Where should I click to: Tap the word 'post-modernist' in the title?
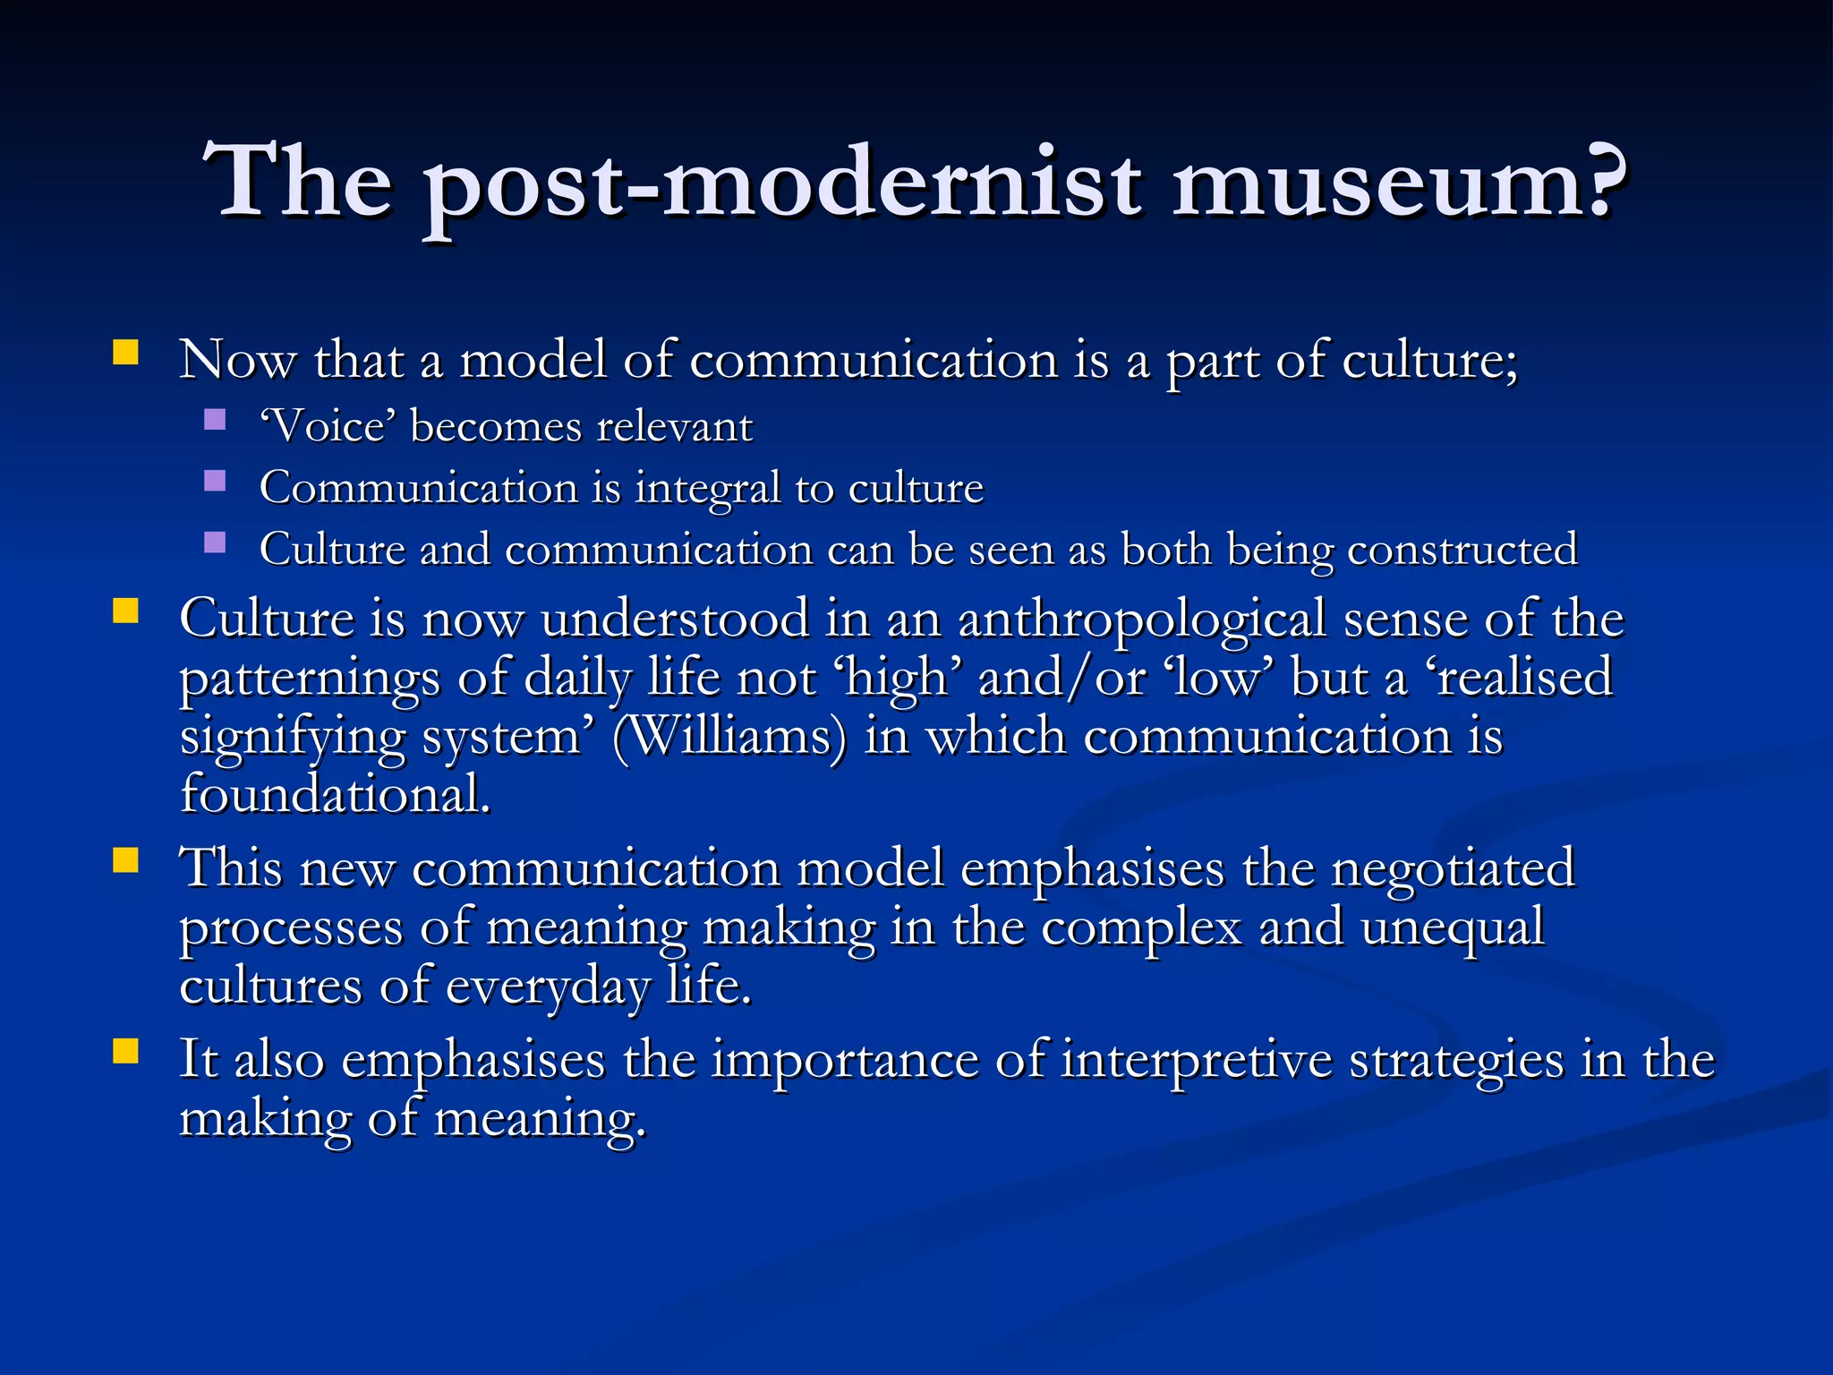click(x=782, y=185)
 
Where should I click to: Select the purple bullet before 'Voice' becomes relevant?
click(x=215, y=420)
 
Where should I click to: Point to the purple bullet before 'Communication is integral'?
click(x=215, y=482)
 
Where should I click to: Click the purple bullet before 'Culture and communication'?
click(x=215, y=542)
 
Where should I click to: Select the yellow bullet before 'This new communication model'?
click(x=126, y=860)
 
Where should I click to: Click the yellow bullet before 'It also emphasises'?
click(x=126, y=1051)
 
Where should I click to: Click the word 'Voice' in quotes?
click(x=328, y=427)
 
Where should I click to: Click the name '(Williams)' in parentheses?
click(x=729, y=738)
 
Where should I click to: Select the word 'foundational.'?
click(x=336, y=795)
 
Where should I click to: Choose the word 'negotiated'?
click(x=1452, y=868)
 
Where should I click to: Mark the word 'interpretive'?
click(x=1197, y=1062)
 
